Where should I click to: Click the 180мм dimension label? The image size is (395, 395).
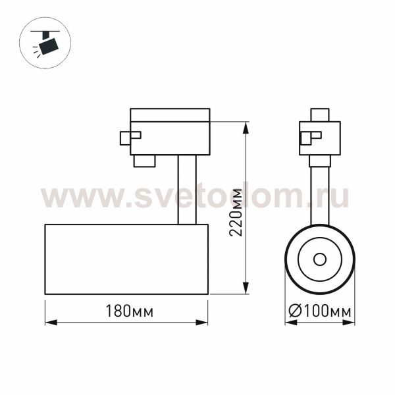129,311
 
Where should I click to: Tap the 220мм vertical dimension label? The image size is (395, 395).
236,213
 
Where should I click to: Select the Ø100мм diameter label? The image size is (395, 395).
320,311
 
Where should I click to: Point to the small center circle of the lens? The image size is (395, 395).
320,259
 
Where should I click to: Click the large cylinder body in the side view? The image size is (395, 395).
126,259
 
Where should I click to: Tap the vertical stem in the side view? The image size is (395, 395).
187,190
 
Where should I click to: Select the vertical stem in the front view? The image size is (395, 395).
320,196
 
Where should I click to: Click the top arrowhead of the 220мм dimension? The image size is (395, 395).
246,128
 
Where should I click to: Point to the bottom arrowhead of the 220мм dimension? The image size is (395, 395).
246,288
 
